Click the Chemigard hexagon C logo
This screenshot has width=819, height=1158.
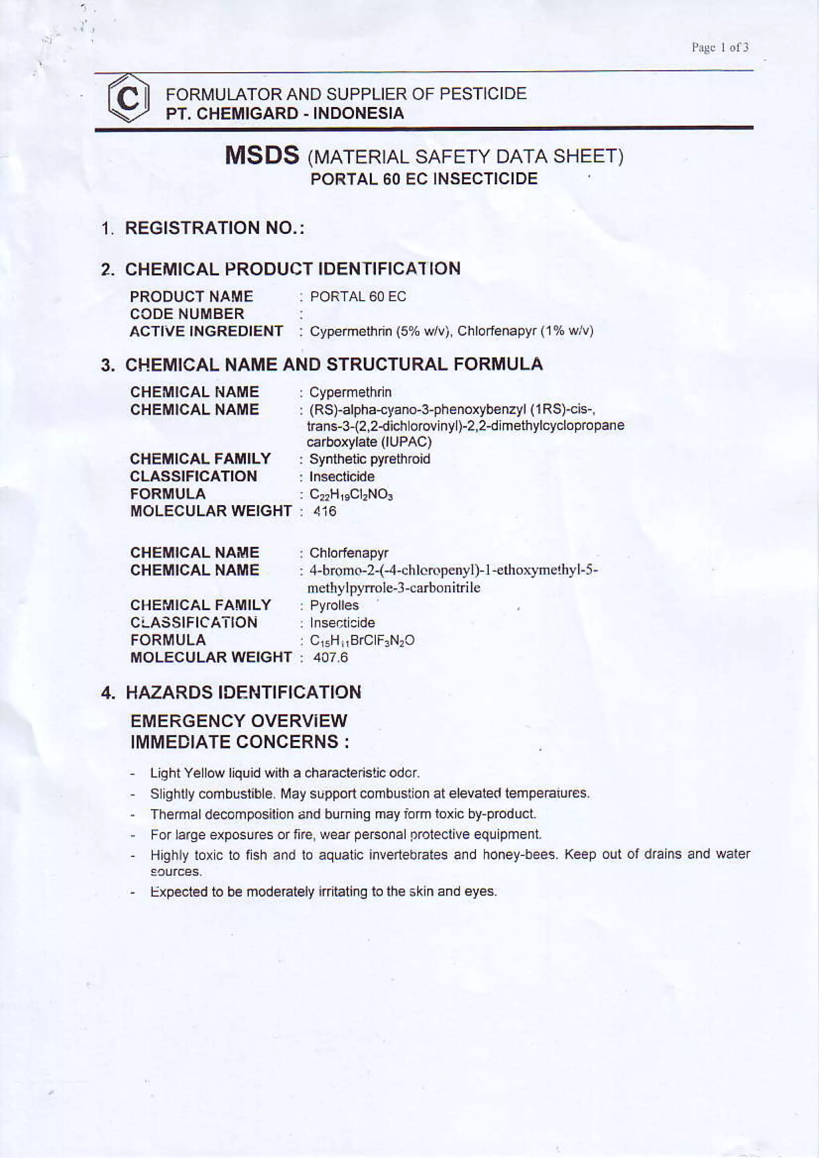pos(129,98)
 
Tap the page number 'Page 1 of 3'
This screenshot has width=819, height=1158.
pos(720,48)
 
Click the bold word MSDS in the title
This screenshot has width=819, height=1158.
pos(262,155)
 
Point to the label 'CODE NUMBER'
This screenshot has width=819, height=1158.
pos(187,314)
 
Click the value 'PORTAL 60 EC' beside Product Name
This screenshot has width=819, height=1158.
pos(358,296)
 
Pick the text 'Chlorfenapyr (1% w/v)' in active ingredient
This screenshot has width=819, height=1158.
pos(525,331)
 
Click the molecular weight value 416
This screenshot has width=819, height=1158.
pos(324,511)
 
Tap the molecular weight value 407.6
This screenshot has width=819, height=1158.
pos(331,658)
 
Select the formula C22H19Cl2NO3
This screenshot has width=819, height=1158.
pos(351,494)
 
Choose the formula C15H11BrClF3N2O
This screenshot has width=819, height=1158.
pos(362,641)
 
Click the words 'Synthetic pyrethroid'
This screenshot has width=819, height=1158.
pos(370,460)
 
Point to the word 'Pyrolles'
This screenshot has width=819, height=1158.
pos(334,605)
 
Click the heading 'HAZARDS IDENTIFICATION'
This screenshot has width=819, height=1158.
pos(243,692)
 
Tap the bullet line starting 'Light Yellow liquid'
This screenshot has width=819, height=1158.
pos(285,773)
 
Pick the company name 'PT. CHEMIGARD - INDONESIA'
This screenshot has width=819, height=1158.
pos(285,113)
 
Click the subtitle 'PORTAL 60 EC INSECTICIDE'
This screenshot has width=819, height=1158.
pos(424,179)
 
